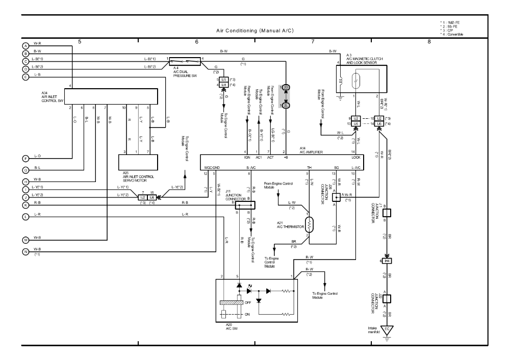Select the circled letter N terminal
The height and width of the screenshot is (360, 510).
coord(25,251)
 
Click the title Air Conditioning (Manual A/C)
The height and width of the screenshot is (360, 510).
coord(255,31)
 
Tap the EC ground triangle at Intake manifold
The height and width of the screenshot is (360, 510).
coord(389,329)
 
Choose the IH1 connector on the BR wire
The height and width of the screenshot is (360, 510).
coord(388,261)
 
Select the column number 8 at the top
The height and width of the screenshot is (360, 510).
coord(429,42)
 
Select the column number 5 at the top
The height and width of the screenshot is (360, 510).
coord(80,42)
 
